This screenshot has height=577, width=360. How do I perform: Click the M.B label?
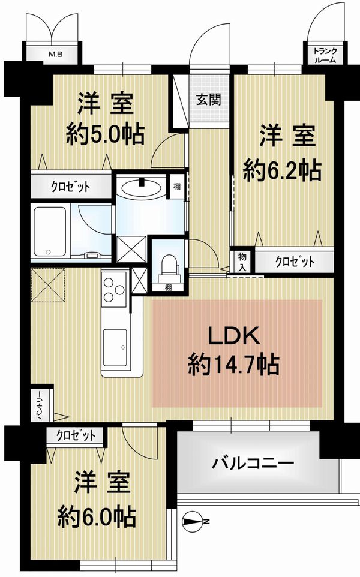(x=56, y=55)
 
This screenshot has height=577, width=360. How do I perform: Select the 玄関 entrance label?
(x=208, y=99)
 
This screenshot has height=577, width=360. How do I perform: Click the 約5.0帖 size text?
(x=105, y=135)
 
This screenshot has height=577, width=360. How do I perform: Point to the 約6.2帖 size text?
(x=283, y=170)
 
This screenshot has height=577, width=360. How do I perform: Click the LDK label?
(x=235, y=335)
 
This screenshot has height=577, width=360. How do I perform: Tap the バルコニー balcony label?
(x=253, y=463)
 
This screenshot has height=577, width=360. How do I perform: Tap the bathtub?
(x=50, y=232)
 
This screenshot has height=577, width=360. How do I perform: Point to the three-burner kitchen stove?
(x=114, y=290)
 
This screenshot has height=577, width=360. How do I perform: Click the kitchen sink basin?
(x=115, y=347)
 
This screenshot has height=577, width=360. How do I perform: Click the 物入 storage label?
(x=242, y=261)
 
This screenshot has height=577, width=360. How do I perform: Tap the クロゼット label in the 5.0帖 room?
(x=70, y=187)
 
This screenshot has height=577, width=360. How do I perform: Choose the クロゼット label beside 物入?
(x=295, y=262)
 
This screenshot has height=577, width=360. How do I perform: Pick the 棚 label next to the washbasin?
(x=177, y=186)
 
